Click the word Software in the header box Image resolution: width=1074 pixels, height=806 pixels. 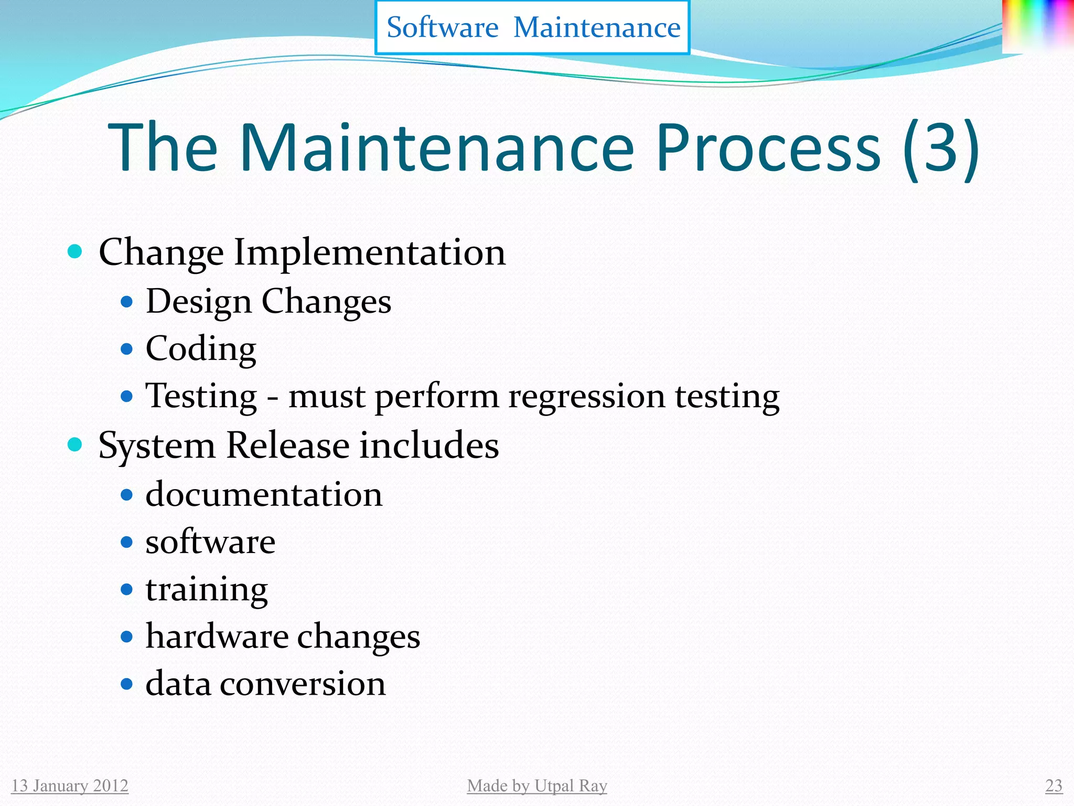442,27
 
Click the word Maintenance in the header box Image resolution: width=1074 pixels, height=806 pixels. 597,27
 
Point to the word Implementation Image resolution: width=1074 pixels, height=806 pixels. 370,252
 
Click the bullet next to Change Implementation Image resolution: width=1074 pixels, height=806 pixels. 76,251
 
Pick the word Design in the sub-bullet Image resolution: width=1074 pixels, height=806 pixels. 199,302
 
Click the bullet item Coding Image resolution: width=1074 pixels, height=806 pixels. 201,349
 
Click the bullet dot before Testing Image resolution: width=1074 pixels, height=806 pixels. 126,396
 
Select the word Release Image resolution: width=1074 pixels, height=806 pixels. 288,446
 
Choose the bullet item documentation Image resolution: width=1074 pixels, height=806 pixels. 264,495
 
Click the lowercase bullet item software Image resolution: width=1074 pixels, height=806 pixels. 210,542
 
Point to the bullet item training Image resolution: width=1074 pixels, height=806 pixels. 207,589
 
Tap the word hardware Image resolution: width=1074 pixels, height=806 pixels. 217,637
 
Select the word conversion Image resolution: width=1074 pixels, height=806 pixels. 303,684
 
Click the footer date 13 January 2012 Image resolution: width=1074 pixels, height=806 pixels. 70,786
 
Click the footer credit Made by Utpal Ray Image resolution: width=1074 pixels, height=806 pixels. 537,786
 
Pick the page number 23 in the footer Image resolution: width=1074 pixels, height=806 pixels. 1054,786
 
